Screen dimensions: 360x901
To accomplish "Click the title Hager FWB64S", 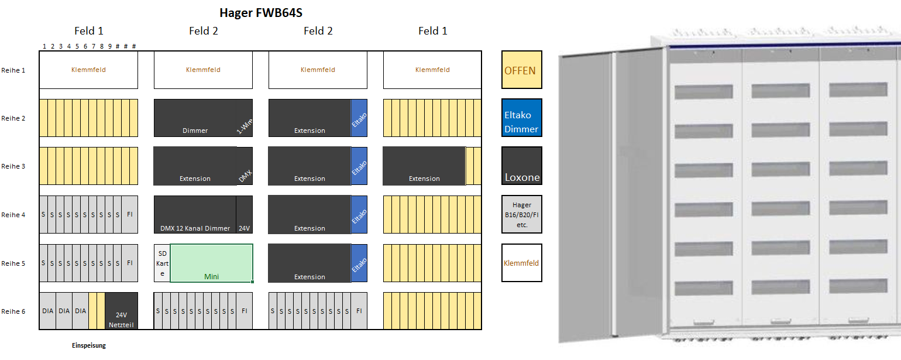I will (x=260, y=12).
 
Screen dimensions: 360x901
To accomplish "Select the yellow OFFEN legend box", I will (x=521, y=70).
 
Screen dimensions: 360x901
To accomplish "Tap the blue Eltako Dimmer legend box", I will (x=521, y=118).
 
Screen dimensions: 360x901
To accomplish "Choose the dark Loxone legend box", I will (x=521, y=166).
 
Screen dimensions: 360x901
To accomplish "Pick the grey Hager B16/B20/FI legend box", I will (x=521, y=214).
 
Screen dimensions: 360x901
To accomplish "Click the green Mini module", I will (x=211, y=263).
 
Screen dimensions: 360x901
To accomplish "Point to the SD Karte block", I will (x=162, y=263).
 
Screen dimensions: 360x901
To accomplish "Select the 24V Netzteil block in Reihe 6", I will (x=122, y=311).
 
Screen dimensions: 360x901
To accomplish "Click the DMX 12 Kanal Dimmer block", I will (x=195, y=214).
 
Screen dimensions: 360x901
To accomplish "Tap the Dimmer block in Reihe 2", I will (x=195, y=118).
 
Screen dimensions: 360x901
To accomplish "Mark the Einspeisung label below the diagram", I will (x=89, y=345).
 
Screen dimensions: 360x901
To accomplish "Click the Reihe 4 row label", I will (x=13, y=215).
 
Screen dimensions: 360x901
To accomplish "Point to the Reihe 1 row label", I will (x=13, y=70).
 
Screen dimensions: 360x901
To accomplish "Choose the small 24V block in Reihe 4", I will (x=245, y=214).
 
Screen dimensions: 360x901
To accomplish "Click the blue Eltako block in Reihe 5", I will (x=359, y=263).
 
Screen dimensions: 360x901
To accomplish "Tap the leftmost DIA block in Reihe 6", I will (x=47, y=311).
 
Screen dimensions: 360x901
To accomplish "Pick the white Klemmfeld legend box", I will (x=521, y=263).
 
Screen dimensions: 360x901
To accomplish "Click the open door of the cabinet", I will (x=585, y=196).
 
